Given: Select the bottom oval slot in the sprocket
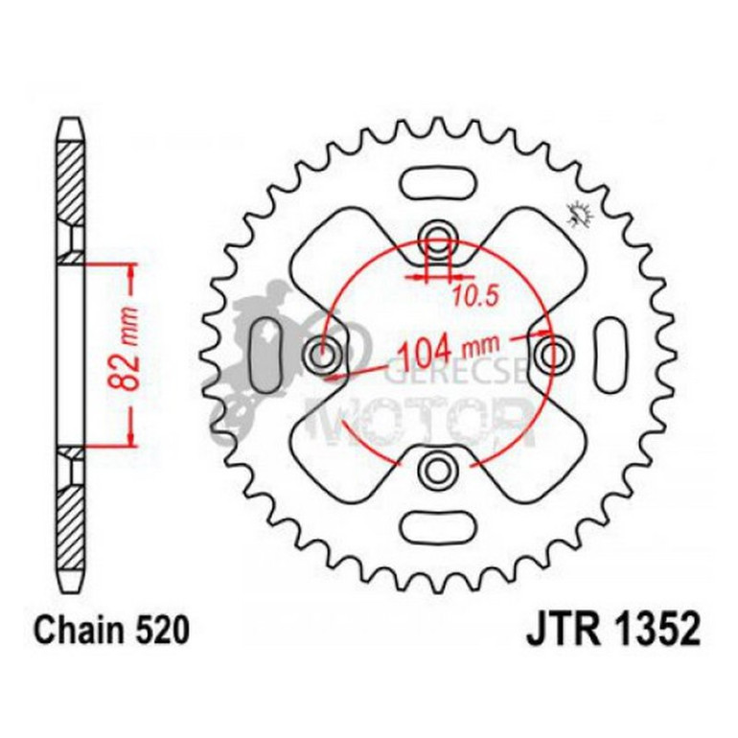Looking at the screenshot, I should pos(438,526).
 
